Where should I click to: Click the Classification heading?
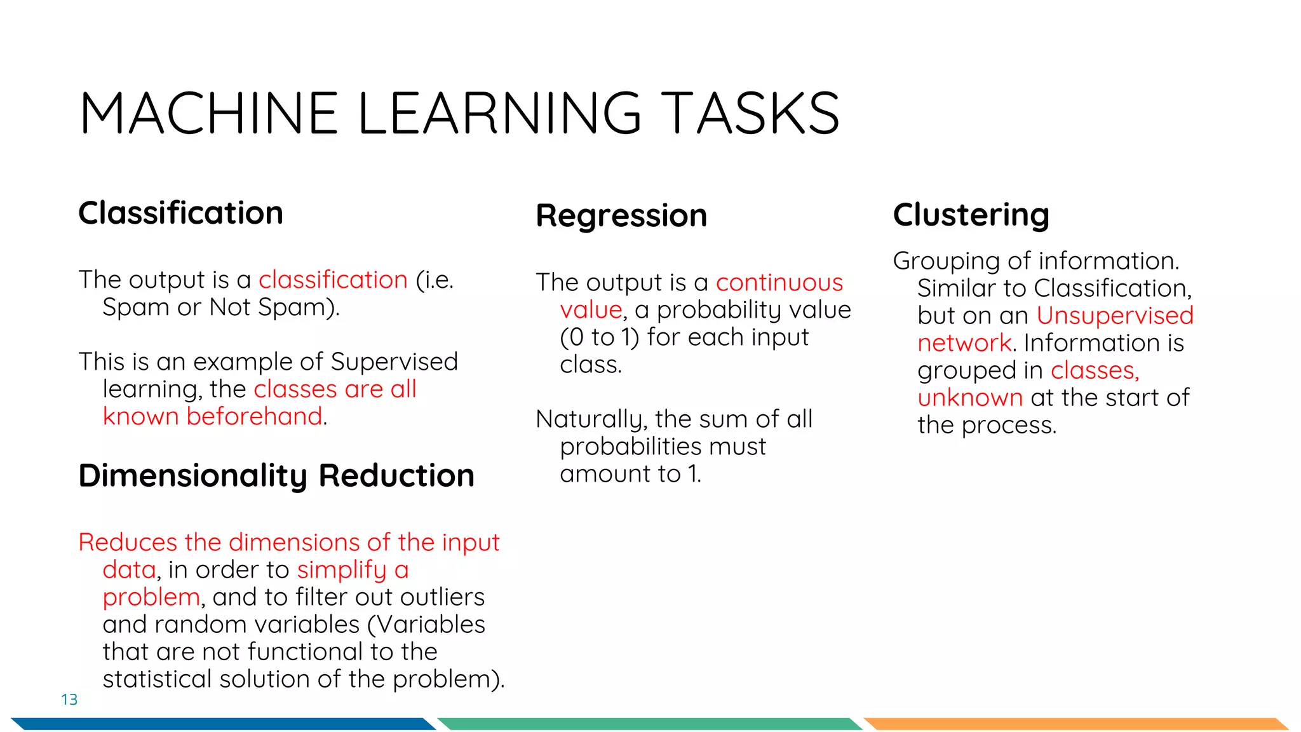(x=180, y=213)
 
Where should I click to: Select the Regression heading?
(x=621, y=216)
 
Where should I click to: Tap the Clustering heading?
(x=971, y=215)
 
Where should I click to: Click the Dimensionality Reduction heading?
(x=276, y=476)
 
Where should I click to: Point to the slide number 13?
(x=69, y=700)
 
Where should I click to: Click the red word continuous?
(x=779, y=282)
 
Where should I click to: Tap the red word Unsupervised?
(x=1115, y=316)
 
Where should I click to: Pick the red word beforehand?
(x=254, y=417)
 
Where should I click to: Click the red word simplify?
(x=342, y=571)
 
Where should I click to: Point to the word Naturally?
(x=591, y=420)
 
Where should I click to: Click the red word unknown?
(x=970, y=398)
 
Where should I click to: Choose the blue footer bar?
(x=222, y=724)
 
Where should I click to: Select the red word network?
(x=964, y=343)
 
